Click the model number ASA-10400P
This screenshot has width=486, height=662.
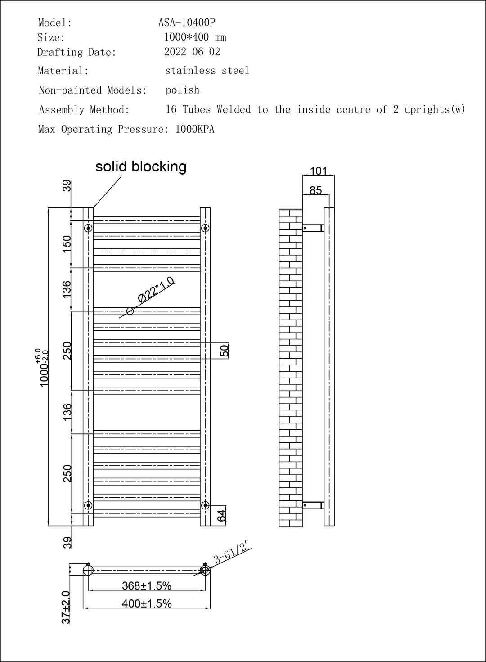click(x=187, y=23)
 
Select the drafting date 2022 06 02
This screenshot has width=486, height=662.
click(x=192, y=52)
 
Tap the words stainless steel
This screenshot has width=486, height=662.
click(x=207, y=70)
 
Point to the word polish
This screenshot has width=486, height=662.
click(x=182, y=90)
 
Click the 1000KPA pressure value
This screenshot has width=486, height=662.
click(x=195, y=129)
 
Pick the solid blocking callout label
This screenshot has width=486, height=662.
click(x=141, y=167)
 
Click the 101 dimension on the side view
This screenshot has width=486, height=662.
click(x=319, y=171)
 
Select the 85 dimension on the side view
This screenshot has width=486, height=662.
click(x=315, y=190)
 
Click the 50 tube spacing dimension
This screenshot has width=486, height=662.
click(x=225, y=351)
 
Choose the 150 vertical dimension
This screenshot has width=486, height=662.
click(x=67, y=244)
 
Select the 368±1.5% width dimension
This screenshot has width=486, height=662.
click(x=147, y=585)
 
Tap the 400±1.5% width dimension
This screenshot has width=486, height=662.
click(x=147, y=603)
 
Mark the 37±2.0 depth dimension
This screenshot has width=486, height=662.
click(x=66, y=608)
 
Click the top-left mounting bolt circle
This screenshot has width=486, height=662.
click(x=88, y=228)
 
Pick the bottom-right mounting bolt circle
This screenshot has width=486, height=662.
click(x=205, y=505)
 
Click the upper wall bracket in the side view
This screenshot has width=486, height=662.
click(x=313, y=228)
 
